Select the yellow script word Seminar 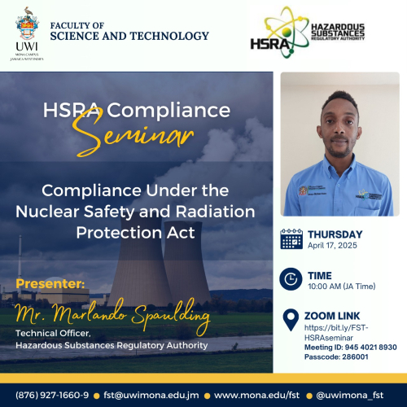pyautogui.click(x=133, y=133)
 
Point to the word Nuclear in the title pyautogui.click(x=47, y=212)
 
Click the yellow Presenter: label pyautogui.click(x=50, y=284)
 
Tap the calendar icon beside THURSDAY pyautogui.click(x=291, y=239)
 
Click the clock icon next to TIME pyautogui.click(x=291, y=279)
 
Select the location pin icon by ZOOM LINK pyautogui.click(x=291, y=320)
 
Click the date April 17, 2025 pyautogui.click(x=332, y=246)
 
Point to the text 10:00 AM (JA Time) pyautogui.click(x=342, y=287)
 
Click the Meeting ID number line pyautogui.click(x=351, y=348)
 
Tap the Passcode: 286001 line pyautogui.click(x=336, y=357)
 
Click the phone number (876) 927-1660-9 pyautogui.click(x=52, y=395)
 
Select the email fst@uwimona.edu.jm pyautogui.click(x=151, y=396)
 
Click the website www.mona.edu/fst pyautogui.click(x=256, y=396)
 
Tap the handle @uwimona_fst pyautogui.click(x=350, y=396)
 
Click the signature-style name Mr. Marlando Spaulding pyautogui.click(x=112, y=315)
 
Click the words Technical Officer pyautogui.click(x=53, y=333)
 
